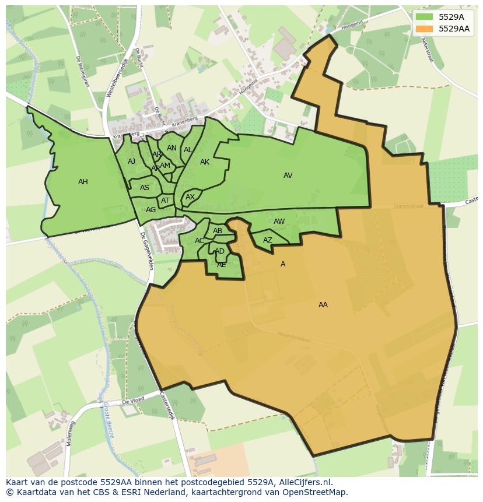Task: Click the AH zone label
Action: pyautogui.click(x=83, y=182)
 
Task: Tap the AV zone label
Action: pyautogui.click(x=288, y=175)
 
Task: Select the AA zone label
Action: pyautogui.click(x=323, y=305)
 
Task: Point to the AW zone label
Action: pyautogui.click(x=279, y=222)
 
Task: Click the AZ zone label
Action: pyautogui.click(x=268, y=240)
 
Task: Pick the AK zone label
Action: pyautogui.click(x=205, y=162)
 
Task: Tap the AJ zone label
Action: pyautogui.click(x=131, y=162)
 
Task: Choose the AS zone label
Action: pyautogui.click(x=145, y=188)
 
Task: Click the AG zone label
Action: pyautogui.click(x=150, y=210)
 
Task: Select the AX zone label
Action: pyautogui.click(x=190, y=197)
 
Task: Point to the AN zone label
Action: pyautogui.click(x=171, y=148)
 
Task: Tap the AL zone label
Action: pyautogui.click(x=188, y=150)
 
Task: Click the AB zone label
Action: pyautogui.click(x=218, y=231)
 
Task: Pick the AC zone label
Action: pyautogui.click(x=199, y=241)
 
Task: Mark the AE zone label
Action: pyautogui.click(x=222, y=265)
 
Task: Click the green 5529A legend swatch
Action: pyautogui.click(x=424, y=17)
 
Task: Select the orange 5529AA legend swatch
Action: pyautogui.click(x=424, y=29)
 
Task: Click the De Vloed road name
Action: pyautogui.click(x=132, y=402)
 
